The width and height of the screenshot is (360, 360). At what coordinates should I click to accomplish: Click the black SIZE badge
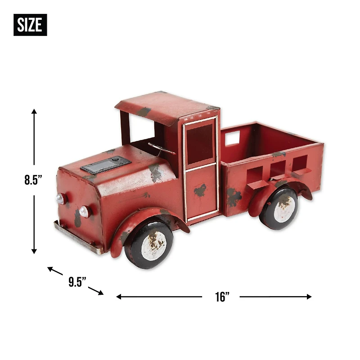tap(30, 25)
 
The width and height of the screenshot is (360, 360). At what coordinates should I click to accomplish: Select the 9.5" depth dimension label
tap(77, 282)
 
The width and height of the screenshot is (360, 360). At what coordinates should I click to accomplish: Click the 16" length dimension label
tap(222, 297)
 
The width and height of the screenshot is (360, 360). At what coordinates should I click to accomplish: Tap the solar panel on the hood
tap(106, 165)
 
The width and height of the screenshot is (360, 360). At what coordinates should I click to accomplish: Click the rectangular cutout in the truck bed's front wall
tap(232, 139)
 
